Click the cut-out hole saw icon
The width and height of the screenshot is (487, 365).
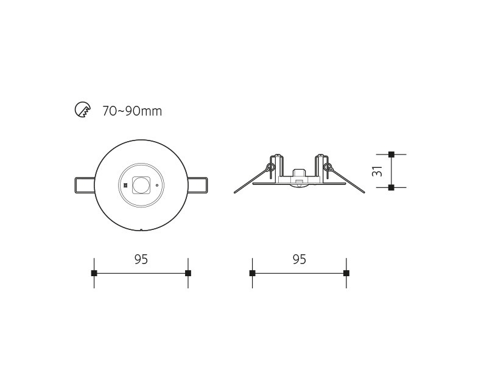coord(83,109)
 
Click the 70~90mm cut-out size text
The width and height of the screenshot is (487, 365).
coord(132,111)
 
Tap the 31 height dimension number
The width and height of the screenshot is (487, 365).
coord(377,171)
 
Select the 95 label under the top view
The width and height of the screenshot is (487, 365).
coord(141,259)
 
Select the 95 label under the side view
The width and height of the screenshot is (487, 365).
coord(299,259)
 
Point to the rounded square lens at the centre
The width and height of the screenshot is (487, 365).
coord(141,186)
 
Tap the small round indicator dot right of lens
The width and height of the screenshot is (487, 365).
coord(157,186)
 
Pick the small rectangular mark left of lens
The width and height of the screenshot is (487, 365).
coord(125,186)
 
